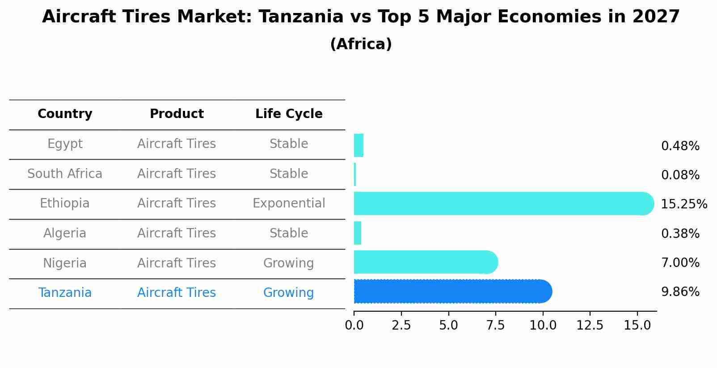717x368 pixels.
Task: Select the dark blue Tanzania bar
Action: click(x=451, y=292)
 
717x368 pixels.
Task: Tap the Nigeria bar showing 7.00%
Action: click(x=425, y=262)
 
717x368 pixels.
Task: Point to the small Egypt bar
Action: click(x=358, y=145)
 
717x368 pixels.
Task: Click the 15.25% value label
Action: click(x=683, y=204)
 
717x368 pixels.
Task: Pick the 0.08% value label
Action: click(x=680, y=175)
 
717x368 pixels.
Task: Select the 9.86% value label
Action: click(x=680, y=292)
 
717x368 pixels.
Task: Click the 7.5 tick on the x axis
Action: click(x=495, y=326)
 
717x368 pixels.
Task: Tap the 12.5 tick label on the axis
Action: click(x=590, y=326)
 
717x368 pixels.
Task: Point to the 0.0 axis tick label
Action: click(x=354, y=326)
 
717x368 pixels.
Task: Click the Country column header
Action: click(x=65, y=114)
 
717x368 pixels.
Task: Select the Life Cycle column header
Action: click(x=289, y=114)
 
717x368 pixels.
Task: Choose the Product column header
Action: click(x=177, y=114)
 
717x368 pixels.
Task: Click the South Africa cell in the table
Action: click(x=65, y=174)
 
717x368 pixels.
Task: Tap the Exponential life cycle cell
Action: click(x=289, y=203)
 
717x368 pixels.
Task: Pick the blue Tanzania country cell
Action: click(x=65, y=293)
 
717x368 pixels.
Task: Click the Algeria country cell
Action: click(x=65, y=233)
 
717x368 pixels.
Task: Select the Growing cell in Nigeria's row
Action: click(x=289, y=263)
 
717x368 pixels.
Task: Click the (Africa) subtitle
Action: click(x=361, y=44)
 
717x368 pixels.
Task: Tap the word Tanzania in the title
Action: click(x=301, y=17)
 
